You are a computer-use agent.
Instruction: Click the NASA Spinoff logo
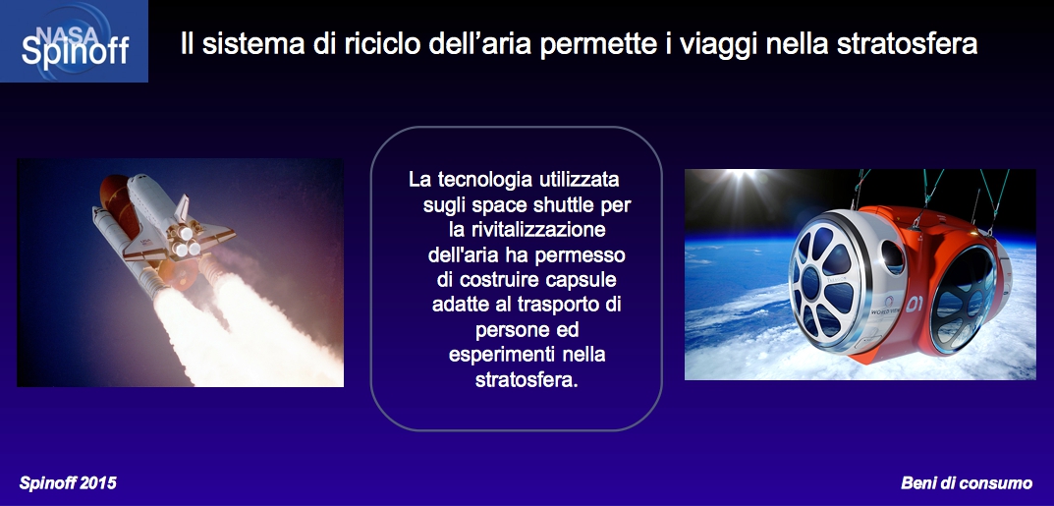(x=74, y=41)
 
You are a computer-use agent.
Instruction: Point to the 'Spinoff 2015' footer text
(x=67, y=483)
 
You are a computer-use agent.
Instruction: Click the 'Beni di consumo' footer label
(x=967, y=483)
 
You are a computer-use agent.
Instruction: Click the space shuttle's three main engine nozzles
(x=186, y=242)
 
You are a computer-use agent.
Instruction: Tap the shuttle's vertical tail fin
(x=182, y=209)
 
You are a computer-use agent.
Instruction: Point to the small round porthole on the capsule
(x=893, y=257)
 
